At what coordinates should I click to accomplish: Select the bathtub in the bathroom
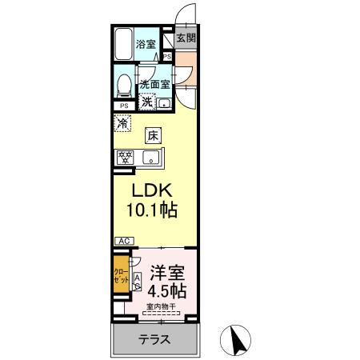pyautogui.click(x=123, y=46)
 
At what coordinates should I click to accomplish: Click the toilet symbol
pyautogui.click(x=124, y=84)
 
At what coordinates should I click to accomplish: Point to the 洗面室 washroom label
pyautogui.click(x=154, y=84)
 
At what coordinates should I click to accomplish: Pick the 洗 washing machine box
pyautogui.click(x=147, y=101)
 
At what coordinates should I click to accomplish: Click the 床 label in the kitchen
pyautogui.click(x=153, y=135)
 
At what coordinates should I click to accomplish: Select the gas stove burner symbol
pyautogui.click(x=125, y=157)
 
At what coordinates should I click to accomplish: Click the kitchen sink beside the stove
pyautogui.click(x=151, y=158)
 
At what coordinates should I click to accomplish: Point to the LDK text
pyautogui.click(x=150, y=193)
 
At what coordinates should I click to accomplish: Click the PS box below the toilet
pyautogui.click(x=124, y=106)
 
